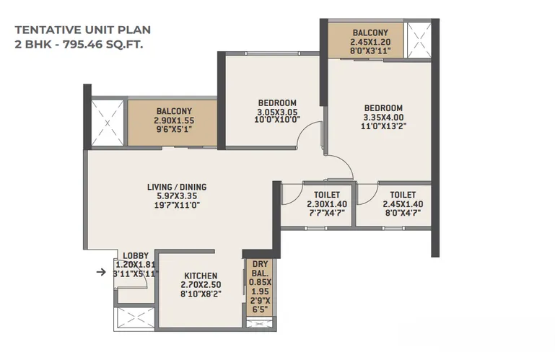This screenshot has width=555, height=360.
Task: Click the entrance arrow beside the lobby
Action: tap(101, 272)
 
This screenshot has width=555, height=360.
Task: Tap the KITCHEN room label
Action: tap(201, 276)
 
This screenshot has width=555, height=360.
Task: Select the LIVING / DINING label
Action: tap(177, 187)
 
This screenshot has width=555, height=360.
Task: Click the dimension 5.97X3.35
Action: tap(177, 196)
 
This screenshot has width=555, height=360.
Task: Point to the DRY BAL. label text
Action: tap(260, 268)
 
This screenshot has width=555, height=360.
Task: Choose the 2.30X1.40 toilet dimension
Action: tap(327, 204)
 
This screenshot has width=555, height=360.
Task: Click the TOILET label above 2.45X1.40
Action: tap(403, 195)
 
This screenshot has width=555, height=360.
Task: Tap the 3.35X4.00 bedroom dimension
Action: tap(383, 117)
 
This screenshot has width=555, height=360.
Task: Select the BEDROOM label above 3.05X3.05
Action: tap(277, 103)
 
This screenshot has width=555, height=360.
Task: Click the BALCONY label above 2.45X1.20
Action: tap(370, 33)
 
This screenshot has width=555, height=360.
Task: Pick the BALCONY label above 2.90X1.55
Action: tap(174, 111)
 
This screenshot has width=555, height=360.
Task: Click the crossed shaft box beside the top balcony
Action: tap(418, 40)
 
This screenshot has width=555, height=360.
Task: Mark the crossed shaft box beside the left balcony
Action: tap(108, 123)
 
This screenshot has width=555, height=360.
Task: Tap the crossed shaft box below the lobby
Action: tap(134, 319)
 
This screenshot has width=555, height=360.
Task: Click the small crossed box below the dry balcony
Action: tap(261, 323)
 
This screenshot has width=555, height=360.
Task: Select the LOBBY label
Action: tap(136, 255)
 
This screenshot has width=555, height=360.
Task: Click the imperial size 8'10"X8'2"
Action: tap(201, 294)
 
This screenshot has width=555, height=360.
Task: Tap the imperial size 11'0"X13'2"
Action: tap(383, 126)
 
